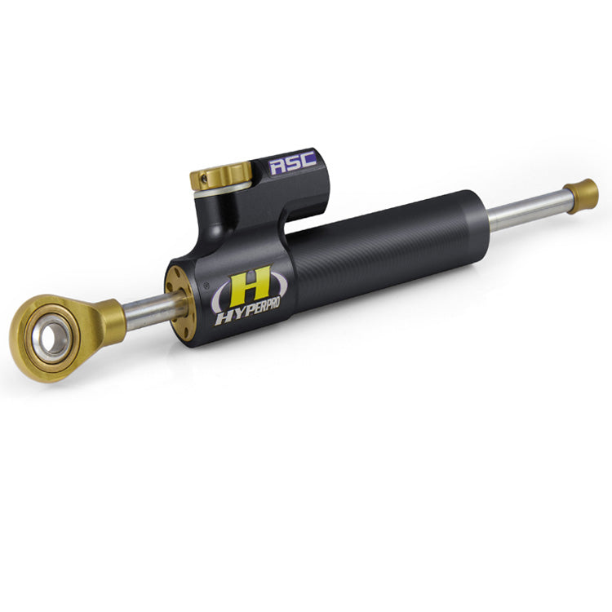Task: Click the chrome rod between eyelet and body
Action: pos(147,313)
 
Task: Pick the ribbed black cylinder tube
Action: pos(384,253)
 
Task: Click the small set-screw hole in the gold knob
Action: pos(203,177)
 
